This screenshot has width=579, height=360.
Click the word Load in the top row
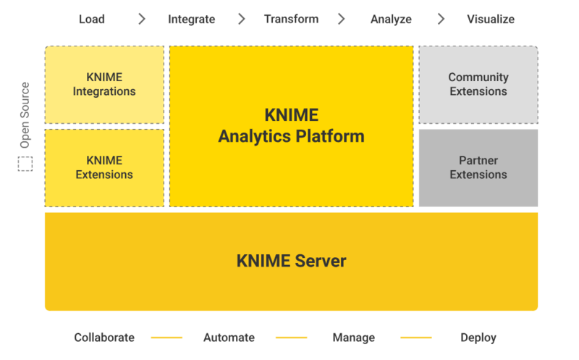point(91,20)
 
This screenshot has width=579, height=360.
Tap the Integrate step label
point(191,20)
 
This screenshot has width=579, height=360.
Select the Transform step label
point(291,20)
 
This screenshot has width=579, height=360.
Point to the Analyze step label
point(391,20)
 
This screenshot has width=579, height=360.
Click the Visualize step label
point(491,20)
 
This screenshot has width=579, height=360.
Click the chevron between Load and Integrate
point(142,20)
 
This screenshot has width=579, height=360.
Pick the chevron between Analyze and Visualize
point(441,20)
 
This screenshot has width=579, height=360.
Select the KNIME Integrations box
point(104,85)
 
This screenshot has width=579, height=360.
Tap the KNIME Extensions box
point(104,167)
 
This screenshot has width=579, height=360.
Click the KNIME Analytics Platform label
point(291,126)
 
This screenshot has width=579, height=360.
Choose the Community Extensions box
point(478,85)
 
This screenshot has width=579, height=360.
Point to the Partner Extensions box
point(478,167)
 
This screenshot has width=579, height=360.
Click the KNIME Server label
point(291,261)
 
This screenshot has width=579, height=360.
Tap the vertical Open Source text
point(25,115)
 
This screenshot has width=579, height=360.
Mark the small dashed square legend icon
point(25,164)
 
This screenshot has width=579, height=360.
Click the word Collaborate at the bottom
point(104,338)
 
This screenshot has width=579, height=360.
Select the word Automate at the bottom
point(229,338)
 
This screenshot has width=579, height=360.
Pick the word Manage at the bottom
point(353,338)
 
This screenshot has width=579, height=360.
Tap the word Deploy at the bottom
point(478,338)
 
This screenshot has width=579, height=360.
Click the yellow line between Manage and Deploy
point(415,338)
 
